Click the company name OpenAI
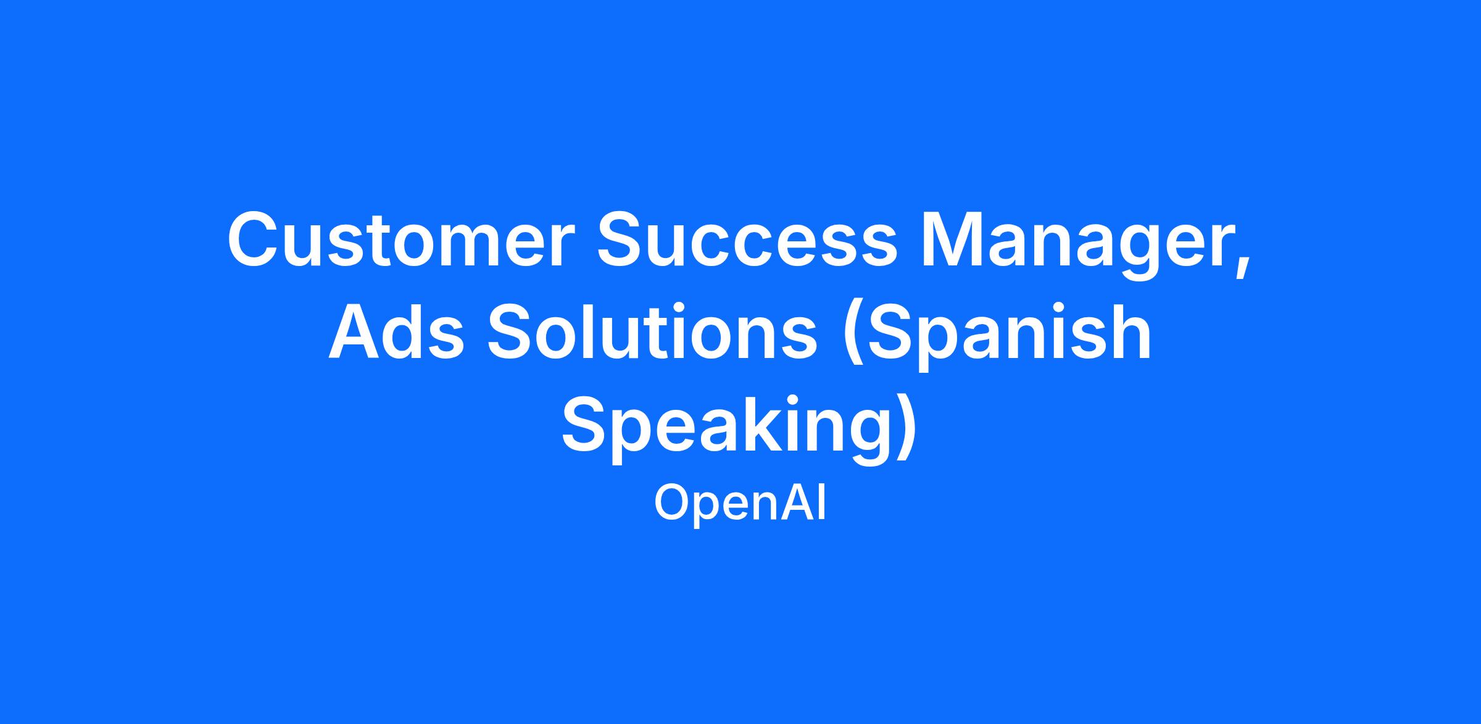click(x=740, y=504)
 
